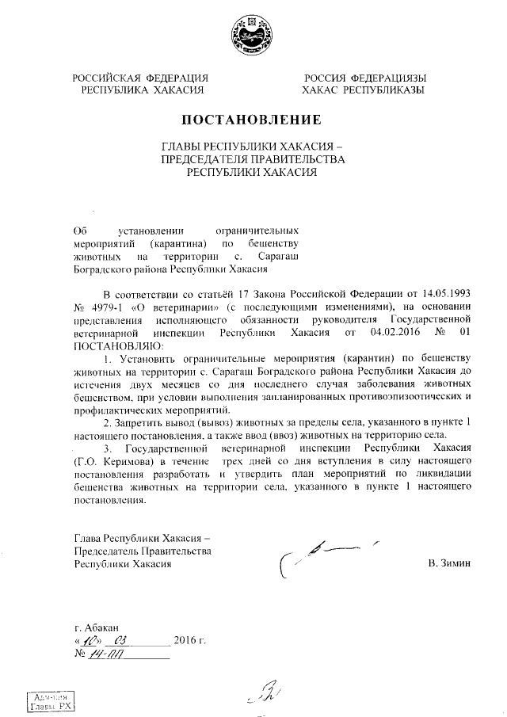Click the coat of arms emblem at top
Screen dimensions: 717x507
(x=253, y=36)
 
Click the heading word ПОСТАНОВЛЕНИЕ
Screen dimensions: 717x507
(x=252, y=121)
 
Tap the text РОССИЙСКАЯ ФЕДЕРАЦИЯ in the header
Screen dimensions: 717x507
(x=140, y=78)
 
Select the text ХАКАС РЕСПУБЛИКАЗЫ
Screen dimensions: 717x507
(x=364, y=90)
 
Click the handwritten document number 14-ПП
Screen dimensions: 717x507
(x=103, y=654)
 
